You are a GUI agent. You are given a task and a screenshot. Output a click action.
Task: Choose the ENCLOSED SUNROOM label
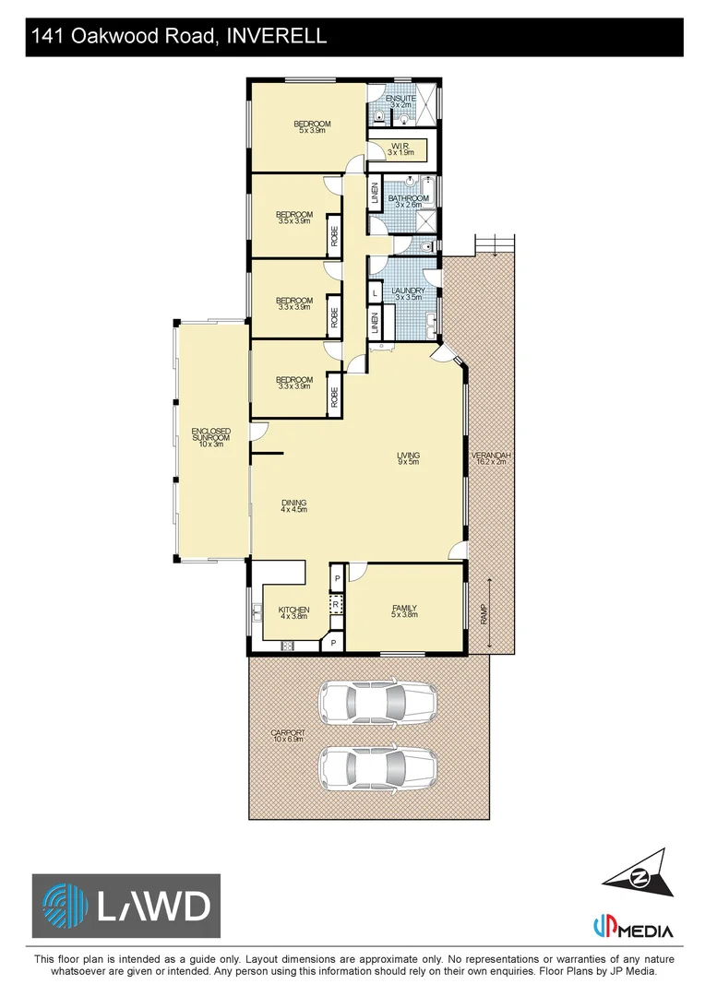[x=210, y=437]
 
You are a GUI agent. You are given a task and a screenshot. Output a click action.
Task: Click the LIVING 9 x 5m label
[x=408, y=458]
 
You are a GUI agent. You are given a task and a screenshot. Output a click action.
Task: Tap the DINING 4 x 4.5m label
[x=293, y=505]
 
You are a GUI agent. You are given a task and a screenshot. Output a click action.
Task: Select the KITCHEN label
[x=293, y=612]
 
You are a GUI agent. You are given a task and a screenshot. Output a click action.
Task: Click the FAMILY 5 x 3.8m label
[x=404, y=611]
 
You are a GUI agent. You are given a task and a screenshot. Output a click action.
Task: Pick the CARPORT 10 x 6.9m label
[x=288, y=736]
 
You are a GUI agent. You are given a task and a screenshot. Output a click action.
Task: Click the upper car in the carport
[x=377, y=703]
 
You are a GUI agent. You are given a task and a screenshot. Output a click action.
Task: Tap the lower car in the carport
[x=377, y=767]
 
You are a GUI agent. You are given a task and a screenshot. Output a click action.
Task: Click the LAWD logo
[x=126, y=906]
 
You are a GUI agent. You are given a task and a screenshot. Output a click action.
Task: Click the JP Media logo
[x=633, y=928]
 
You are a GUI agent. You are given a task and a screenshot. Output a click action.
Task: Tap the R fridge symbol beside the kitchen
[x=337, y=605]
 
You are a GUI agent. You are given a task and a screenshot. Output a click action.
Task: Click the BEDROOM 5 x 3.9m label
[x=312, y=127]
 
